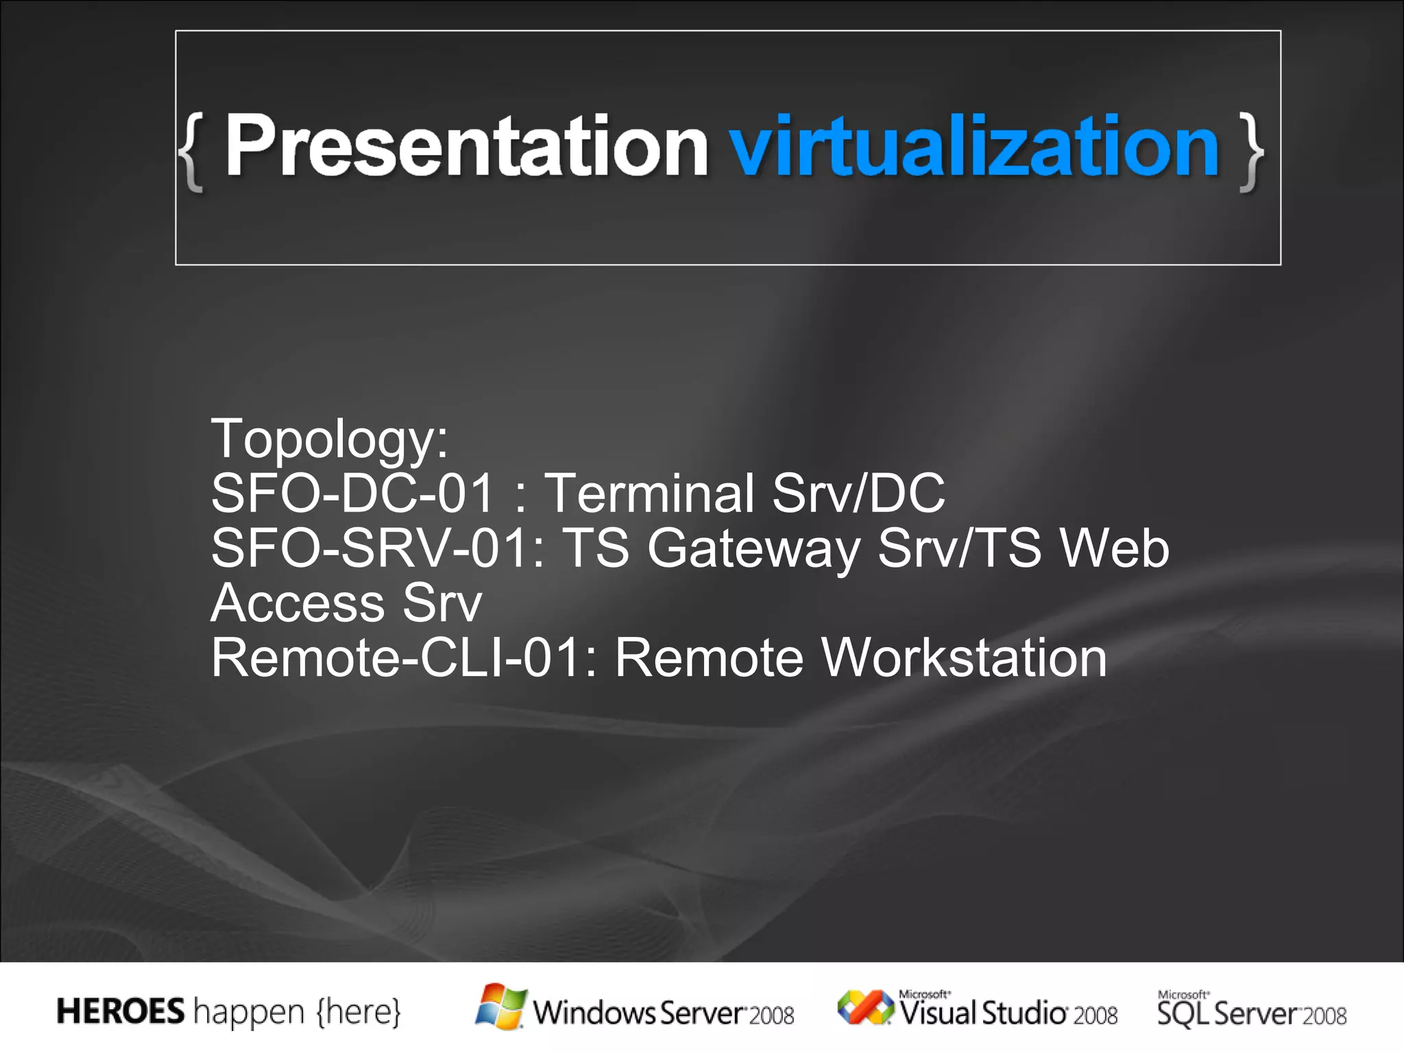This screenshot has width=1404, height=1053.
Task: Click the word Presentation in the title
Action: (466, 145)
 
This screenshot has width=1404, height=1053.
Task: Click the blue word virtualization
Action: (974, 145)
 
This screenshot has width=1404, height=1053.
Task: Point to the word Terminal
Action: (649, 493)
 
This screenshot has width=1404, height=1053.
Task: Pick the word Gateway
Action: (753, 549)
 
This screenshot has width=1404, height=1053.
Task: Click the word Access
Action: (298, 603)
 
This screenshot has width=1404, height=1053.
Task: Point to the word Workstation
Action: (964, 657)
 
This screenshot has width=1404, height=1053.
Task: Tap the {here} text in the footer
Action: (359, 1012)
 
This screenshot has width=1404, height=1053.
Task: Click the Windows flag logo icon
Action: (501, 1006)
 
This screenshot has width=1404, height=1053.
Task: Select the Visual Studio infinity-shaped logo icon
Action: (865, 1007)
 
